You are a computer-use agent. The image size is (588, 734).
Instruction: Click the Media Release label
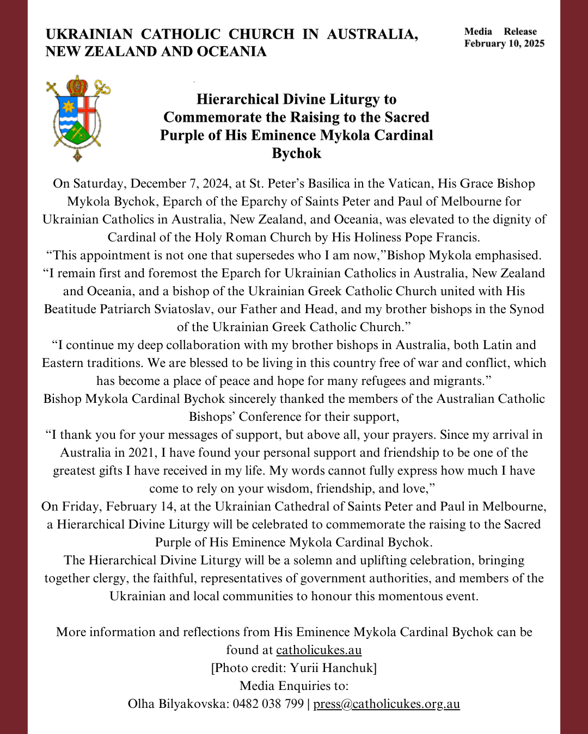click(500, 32)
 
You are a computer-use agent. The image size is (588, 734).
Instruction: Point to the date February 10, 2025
click(504, 43)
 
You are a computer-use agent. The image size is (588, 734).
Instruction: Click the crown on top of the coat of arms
click(77, 85)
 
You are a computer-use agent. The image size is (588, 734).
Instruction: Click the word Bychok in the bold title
click(296, 153)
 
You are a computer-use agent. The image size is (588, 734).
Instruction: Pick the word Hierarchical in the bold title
click(235, 99)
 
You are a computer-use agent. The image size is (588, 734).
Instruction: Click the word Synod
click(526, 309)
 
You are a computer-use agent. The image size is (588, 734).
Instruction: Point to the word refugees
click(378, 381)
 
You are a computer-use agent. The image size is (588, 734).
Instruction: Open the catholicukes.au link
click(318, 650)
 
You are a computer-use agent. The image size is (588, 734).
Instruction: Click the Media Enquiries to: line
click(294, 686)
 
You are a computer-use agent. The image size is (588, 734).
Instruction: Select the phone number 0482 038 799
click(268, 704)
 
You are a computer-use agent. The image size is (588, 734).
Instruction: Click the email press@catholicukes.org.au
click(387, 704)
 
